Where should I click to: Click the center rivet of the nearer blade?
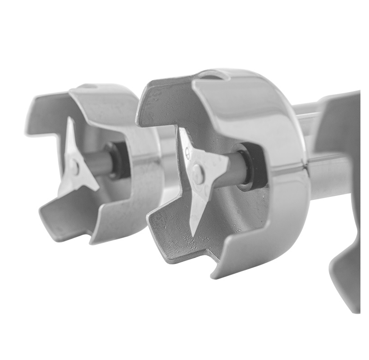tap(198, 174)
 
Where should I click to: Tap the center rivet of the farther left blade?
tap(74, 167)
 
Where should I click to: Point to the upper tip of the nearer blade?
tap(182, 132)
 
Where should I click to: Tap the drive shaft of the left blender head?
tap(97, 163)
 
